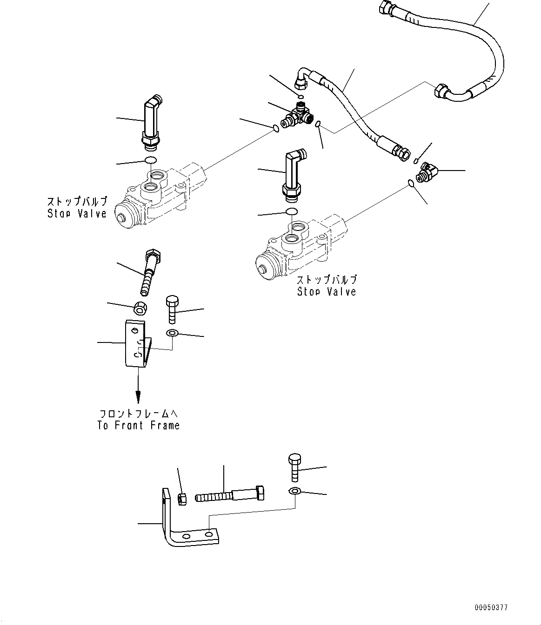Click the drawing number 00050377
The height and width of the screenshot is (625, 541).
(491, 607)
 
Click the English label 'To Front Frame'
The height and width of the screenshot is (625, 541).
(138, 425)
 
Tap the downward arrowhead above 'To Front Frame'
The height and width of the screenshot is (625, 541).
(138, 397)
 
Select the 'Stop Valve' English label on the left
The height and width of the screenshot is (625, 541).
(77, 213)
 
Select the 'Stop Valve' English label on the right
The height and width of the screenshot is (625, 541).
(327, 291)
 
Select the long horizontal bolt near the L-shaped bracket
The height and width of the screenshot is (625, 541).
(230, 494)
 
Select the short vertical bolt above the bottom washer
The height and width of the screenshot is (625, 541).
(295, 467)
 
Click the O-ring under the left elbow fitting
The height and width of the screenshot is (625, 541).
(150, 161)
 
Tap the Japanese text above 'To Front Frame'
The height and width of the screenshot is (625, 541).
(139, 413)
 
